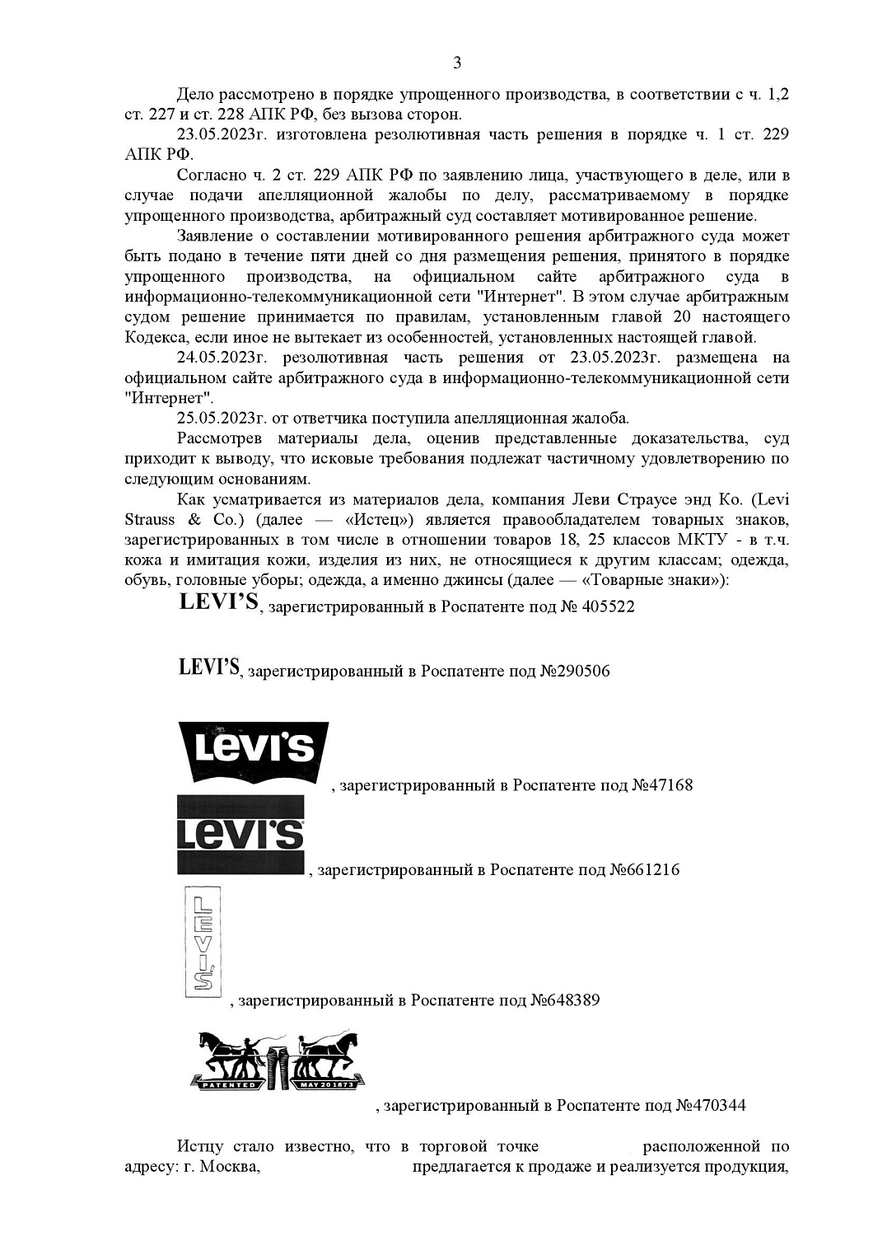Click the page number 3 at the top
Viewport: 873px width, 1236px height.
tap(457, 63)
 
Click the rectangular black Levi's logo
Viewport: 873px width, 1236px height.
tap(240, 835)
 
